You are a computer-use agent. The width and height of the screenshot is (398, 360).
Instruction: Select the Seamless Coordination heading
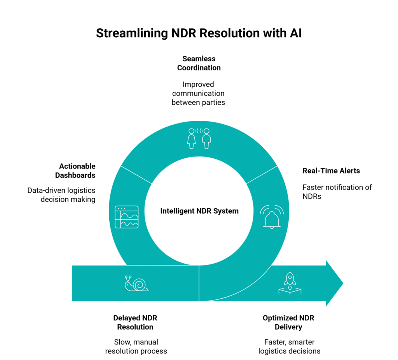coord(199,63)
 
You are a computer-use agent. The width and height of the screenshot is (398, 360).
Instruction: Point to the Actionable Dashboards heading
coord(75,171)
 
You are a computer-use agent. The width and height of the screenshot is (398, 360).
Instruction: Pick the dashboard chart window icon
coord(127,217)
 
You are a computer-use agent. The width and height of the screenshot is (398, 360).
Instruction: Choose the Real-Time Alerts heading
coord(331,171)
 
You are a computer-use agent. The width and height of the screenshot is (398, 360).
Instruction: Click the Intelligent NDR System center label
coord(199,211)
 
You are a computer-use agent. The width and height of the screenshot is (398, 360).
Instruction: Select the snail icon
coord(136,283)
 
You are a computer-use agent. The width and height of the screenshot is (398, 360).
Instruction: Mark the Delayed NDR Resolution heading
coord(135,322)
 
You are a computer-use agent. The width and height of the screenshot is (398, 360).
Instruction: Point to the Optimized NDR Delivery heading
coord(288,322)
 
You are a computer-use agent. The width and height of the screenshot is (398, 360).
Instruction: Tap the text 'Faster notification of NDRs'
coord(337,192)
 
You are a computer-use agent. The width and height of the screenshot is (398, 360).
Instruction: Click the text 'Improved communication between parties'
coord(199,93)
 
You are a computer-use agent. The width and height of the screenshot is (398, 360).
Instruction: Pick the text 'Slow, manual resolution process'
coord(135,346)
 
